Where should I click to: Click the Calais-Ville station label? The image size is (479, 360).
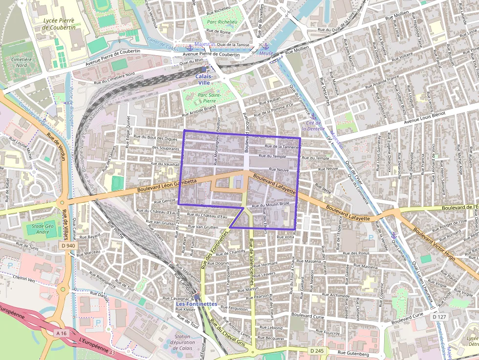click(x=204, y=79)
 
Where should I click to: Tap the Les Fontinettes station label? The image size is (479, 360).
click(x=196, y=304)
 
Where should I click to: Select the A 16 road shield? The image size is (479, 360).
click(x=61, y=333)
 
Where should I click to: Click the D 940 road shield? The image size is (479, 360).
click(x=69, y=245)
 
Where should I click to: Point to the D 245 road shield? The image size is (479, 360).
click(x=316, y=350)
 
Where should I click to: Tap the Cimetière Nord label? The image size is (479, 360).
click(x=15, y=62)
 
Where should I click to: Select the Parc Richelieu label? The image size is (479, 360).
click(x=221, y=22)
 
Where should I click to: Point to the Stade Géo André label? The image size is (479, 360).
click(x=37, y=229)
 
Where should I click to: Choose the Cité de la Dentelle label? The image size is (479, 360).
click(x=313, y=126)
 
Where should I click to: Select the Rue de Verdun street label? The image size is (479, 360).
click(x=56, y=145)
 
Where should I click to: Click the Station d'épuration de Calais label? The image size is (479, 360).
click(x=183, y=342)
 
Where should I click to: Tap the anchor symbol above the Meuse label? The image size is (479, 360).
click(x=266, y=45)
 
